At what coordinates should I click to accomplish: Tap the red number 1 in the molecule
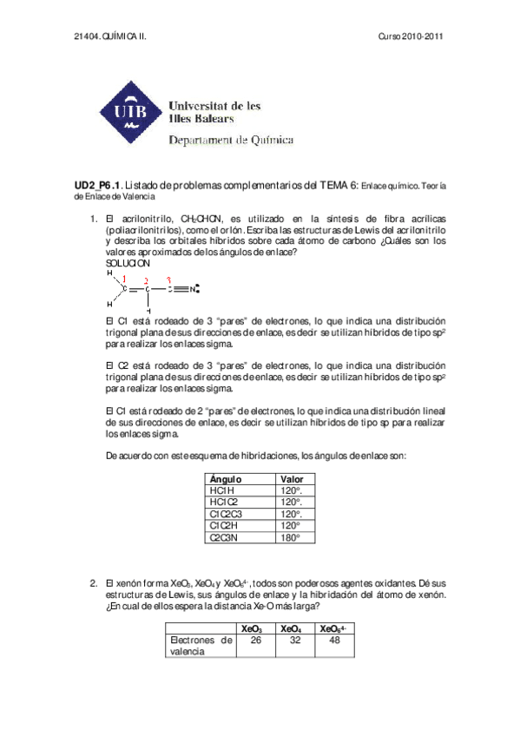pos(127,278)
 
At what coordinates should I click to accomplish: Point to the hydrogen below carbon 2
pos(148,310)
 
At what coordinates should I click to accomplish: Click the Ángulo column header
pos(227,479)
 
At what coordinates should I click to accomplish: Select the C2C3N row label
pos(227,537)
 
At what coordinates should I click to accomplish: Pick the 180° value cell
pos(290,537)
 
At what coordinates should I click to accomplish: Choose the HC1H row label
pos(224,490)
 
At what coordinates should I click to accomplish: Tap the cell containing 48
pos(334,641)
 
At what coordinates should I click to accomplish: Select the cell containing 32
pos(294,641)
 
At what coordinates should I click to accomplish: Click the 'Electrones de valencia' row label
pos(201,646)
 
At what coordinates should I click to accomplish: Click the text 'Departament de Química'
pos(230,140)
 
